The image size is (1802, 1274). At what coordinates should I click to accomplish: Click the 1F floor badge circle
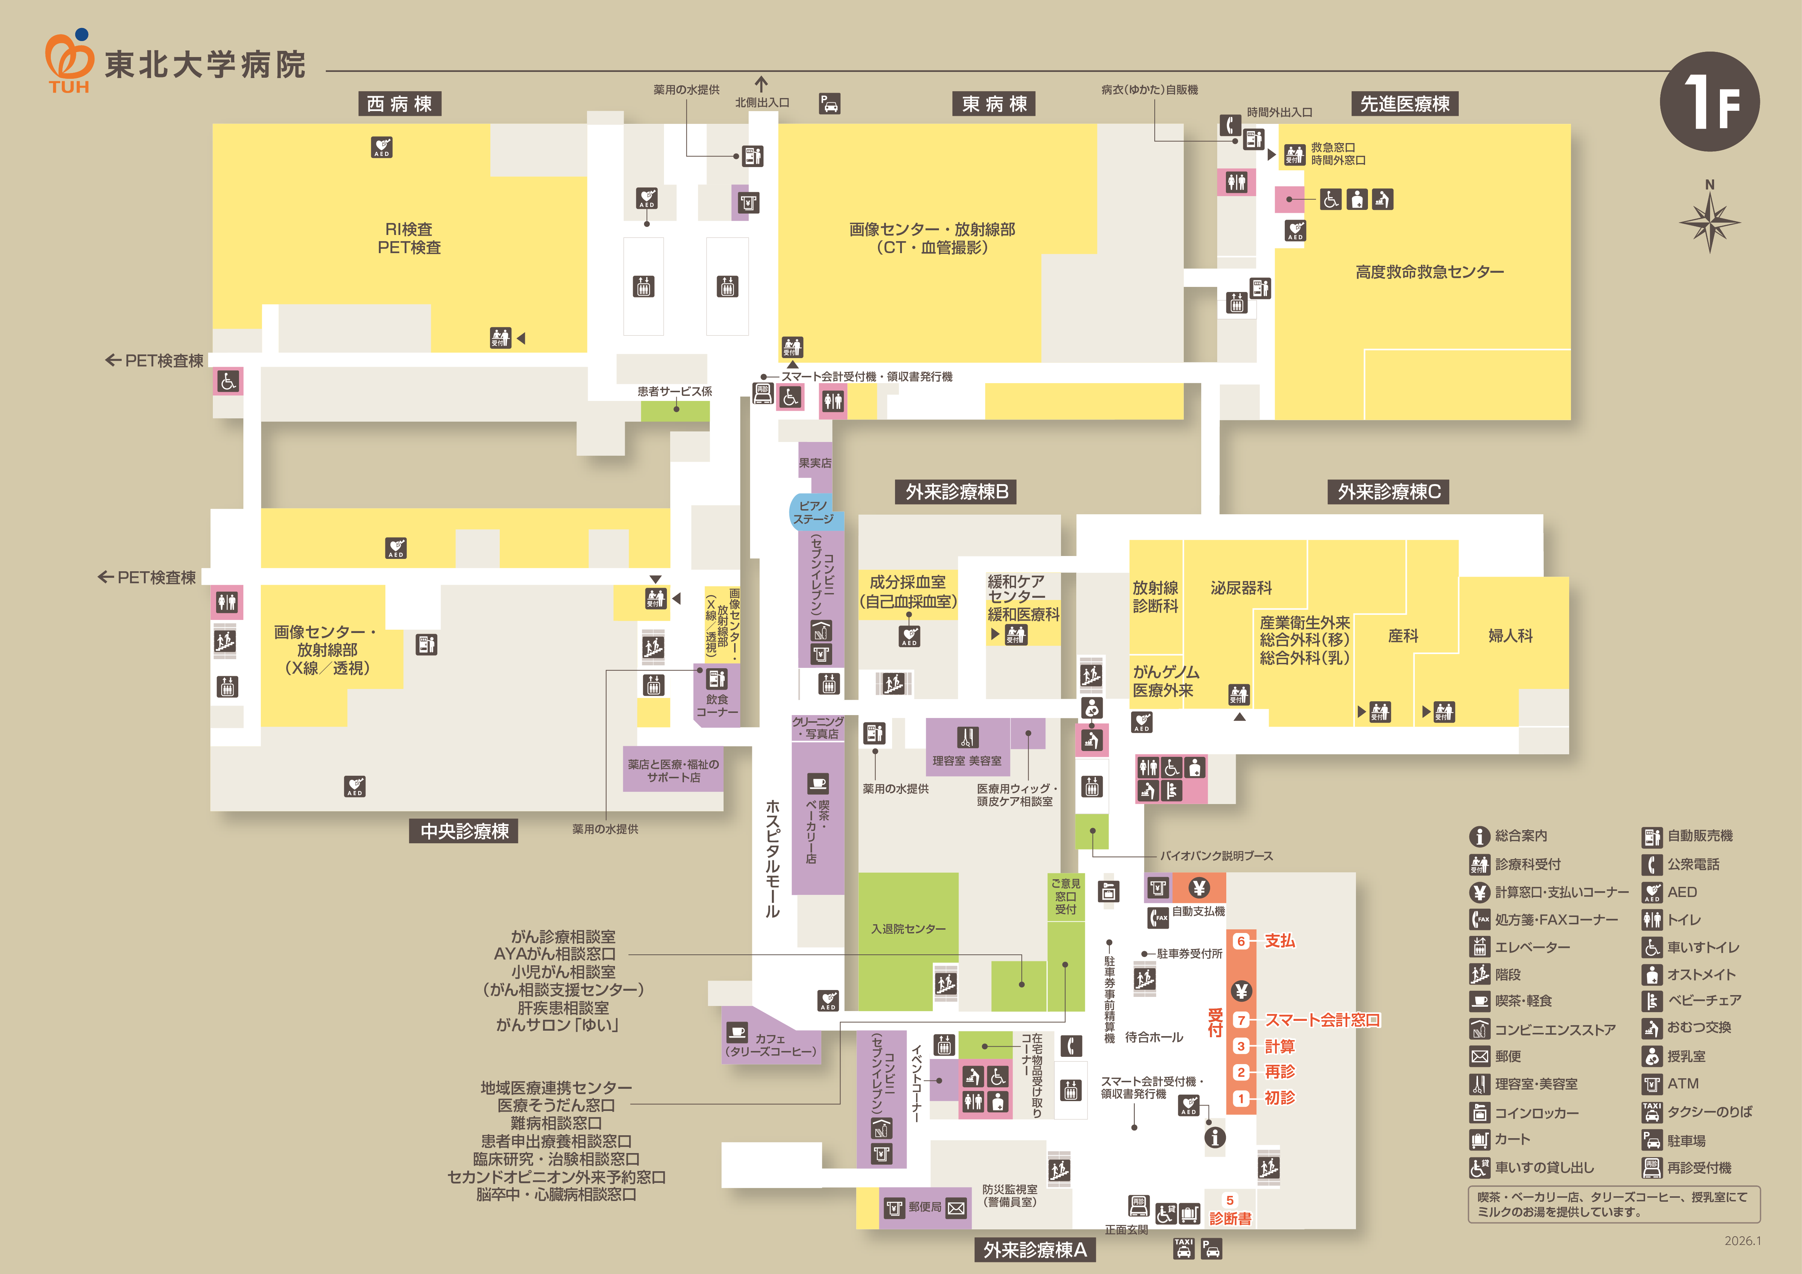click(1709, 102)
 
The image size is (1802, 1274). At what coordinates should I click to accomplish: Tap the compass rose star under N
click(1709, 222)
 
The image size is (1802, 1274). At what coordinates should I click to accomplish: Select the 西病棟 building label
click(400, 104)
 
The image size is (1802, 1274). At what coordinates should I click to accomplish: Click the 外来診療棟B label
click(957, 492)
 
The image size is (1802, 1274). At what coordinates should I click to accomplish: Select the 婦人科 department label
click(1510, 636)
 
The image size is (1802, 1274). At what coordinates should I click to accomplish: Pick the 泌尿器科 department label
click(1241, 588)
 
